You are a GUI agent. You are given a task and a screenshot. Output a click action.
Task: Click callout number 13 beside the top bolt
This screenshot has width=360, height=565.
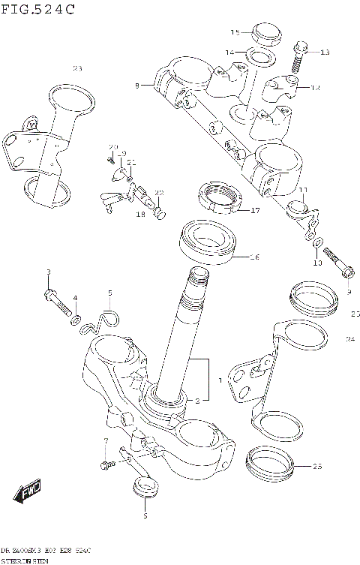pos(325,53)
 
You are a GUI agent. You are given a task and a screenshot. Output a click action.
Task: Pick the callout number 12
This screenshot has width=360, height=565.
pos(316,88)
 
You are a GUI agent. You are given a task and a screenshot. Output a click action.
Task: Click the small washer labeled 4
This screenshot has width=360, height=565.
pos(76,320)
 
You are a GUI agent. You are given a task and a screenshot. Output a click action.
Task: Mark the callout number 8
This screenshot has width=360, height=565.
pos(137,87)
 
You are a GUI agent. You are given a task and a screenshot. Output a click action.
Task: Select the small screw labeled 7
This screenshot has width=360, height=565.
pos(106,465)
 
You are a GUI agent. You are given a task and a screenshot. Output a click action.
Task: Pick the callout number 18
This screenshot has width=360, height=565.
pos(140,215)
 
